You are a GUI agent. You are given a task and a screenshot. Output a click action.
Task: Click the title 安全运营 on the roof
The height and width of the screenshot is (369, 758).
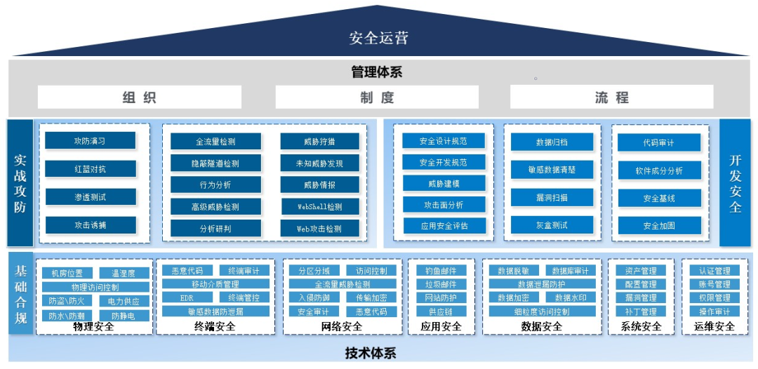click(x=378, y=37)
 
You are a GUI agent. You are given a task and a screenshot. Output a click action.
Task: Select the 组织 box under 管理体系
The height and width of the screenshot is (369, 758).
click(x=139, y=98)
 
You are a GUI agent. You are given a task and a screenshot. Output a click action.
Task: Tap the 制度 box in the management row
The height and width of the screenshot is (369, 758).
click(x=377, y=98)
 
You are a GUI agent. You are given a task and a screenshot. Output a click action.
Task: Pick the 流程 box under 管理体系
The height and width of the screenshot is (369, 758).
click(x=611, y=98)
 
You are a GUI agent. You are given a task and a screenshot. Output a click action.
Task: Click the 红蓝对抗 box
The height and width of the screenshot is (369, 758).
click(x=91, y=169)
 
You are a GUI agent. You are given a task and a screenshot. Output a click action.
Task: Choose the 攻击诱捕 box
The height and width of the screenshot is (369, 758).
click(x=91, y=225)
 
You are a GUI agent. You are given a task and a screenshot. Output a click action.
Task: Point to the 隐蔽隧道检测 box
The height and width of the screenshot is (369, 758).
click(x=215, y=163)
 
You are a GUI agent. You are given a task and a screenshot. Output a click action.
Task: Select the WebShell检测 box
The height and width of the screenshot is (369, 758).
click(x=320, y=207)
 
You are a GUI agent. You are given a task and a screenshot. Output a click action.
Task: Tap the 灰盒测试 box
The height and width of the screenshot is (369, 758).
click(x=552, y=225)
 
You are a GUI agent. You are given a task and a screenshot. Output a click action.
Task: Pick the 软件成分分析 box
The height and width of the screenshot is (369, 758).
click(x=659, y=170)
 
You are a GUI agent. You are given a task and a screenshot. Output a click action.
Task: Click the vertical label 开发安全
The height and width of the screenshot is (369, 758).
click(x=735, y=182)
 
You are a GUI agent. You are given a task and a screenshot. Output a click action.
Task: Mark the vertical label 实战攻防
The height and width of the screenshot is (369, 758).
click(x=20, y=182)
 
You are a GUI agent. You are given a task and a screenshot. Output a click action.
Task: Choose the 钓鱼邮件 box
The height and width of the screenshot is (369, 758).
click(x=441, y=271)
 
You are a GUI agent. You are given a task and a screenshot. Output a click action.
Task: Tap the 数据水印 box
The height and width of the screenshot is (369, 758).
click(x=571, y=297)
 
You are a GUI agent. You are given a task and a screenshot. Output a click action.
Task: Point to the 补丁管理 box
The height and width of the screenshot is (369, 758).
click(x=640, y=311)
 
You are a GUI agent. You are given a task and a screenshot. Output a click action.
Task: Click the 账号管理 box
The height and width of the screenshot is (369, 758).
click(x=714, y=284)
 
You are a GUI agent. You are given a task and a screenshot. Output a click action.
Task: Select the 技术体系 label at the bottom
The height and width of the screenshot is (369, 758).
click(x=371, y=353)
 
